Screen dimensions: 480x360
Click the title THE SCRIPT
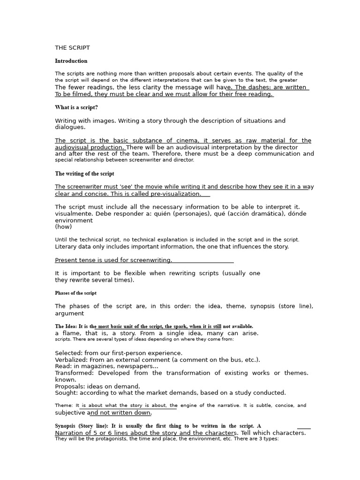click(x=72, y=48)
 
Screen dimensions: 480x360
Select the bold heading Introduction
click(x=71, y=61)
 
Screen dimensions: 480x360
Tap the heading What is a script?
click(x=76, y=107)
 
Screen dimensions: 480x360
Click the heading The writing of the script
click(x=84, y=173)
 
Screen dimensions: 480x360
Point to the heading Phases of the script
click(x=75, y=293)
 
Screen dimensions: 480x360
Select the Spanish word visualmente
click(x=73, y=214)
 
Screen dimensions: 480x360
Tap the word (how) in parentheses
click(x=63, y=226)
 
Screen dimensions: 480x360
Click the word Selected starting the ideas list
click(x=68, y=353)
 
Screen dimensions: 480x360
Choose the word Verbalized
click(x=71, y=360)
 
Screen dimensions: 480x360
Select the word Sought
click(x=65, y=393)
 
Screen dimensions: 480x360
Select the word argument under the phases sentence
click(x=69, y=313)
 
